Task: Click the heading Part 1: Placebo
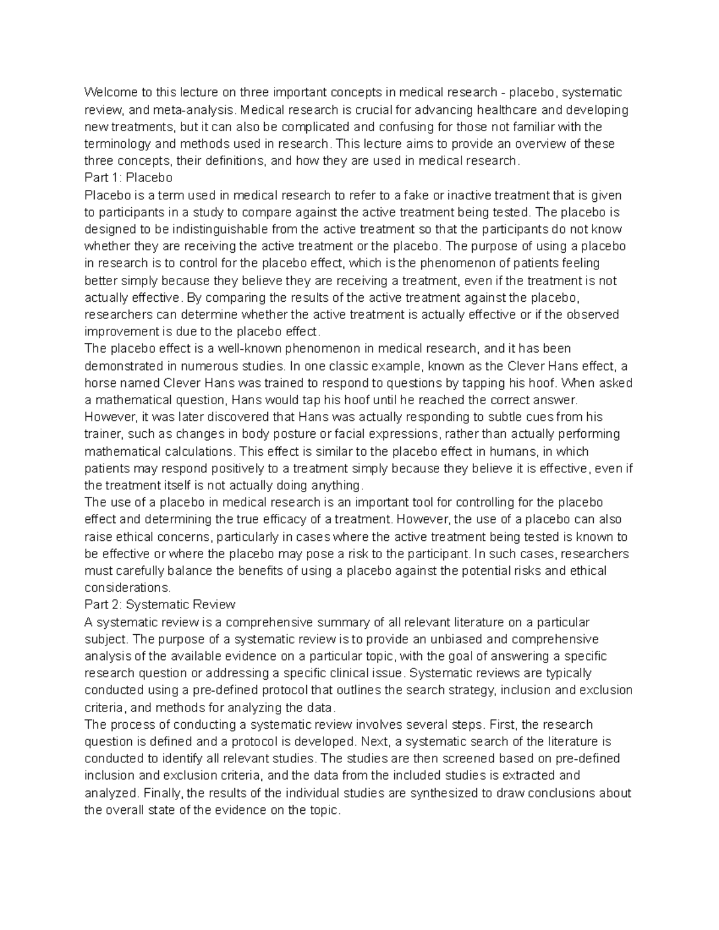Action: (x=128, y=178)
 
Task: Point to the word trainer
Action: (x=103, y=434)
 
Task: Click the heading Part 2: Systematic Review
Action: (x=160, y=604)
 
